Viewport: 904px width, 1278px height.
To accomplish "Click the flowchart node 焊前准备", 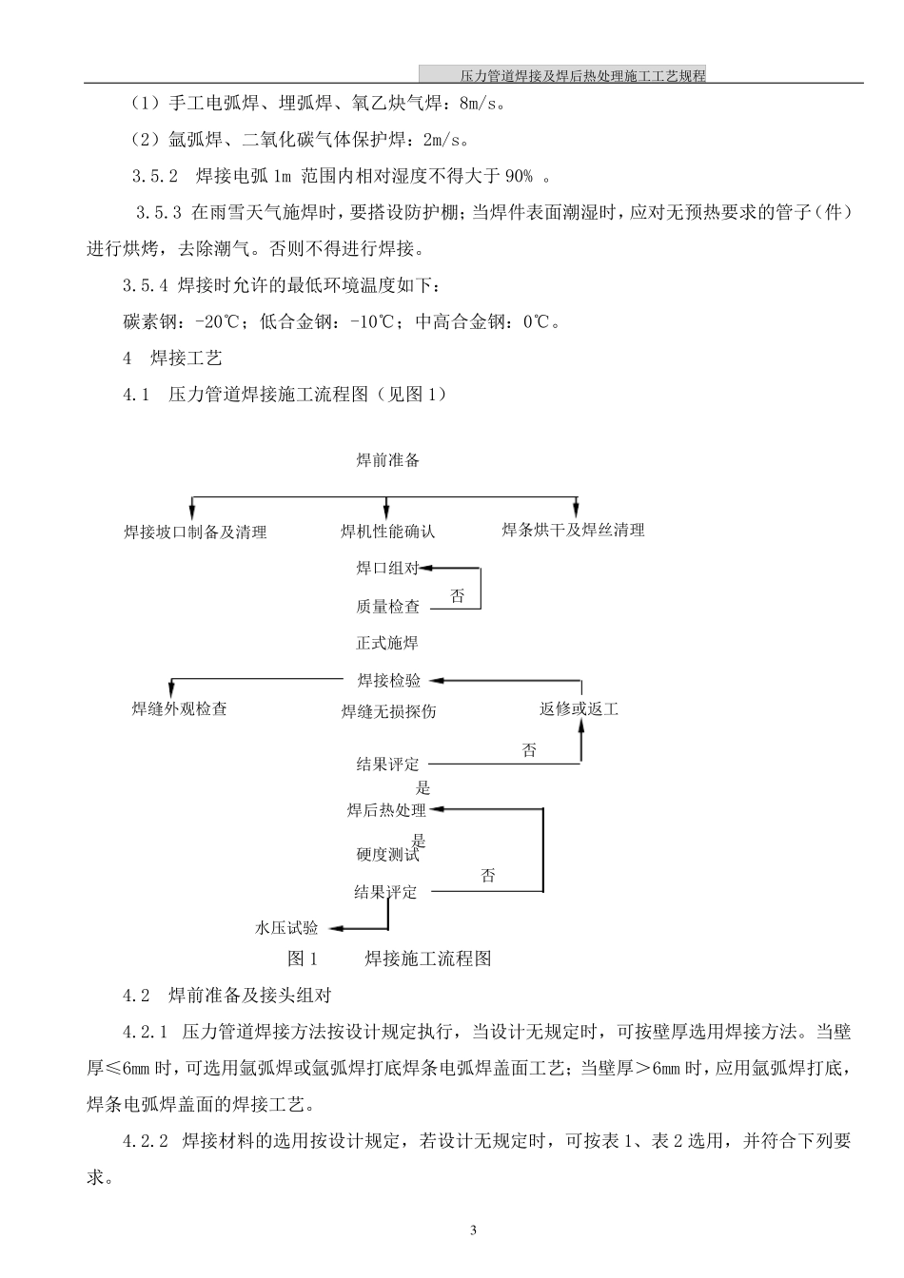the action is [x=387, y=461].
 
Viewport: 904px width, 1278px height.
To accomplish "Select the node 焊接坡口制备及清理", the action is [x=195, y=532].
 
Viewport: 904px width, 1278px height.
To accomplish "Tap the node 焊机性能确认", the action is [x=387, y=532].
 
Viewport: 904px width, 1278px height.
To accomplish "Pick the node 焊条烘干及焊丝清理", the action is [x=573, y=530].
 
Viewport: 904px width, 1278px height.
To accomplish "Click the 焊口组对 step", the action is [x=387, y=569].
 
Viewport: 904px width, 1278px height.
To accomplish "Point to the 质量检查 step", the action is [x=387, y=607].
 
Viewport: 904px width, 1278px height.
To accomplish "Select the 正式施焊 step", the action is [x=387, y=644].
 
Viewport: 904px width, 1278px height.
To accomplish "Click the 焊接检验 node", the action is [x=388, y=681].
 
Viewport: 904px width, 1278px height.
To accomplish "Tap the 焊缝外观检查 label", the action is [x=180, y=709].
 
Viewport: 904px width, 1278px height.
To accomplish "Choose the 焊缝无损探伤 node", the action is [x=388, y=711].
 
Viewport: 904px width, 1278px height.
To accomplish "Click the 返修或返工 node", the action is [x=579, y=709].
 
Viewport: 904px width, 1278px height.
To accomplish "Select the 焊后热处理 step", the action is [x=386, y=811].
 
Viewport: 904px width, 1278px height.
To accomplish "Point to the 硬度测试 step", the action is [x=387, y=855].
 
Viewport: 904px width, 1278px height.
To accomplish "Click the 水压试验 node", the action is [x=286, y=928].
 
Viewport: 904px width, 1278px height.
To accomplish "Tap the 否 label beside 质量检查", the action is [x=458, y=597].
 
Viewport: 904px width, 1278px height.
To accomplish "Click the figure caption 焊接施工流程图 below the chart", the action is [x=428, y=958].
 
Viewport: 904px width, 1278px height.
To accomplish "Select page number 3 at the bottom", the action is [x=474, y=1230].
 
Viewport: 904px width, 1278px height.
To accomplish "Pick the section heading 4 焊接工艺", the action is [x=173, y=358].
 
